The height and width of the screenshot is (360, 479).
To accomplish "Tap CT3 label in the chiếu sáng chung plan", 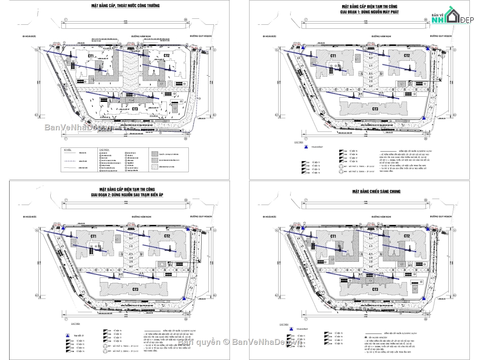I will click(375, 289).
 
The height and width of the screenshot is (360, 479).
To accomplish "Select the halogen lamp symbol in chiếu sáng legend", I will click(366, 338).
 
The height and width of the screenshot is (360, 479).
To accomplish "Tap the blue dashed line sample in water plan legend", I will click(73, 162).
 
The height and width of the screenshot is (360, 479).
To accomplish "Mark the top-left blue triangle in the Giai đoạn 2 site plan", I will click(63, 228).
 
